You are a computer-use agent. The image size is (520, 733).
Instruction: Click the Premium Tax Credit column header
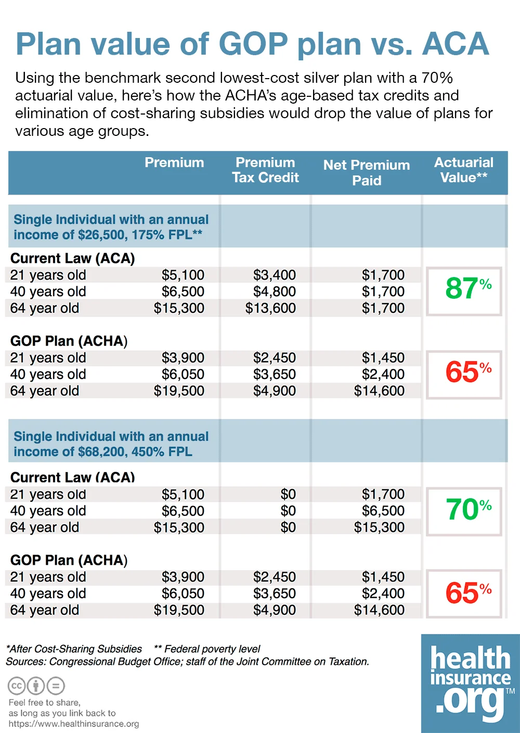coord(265,170)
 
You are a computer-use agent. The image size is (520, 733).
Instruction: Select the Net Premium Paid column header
coord(367,173)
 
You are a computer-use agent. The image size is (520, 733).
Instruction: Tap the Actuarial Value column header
coord(463,170)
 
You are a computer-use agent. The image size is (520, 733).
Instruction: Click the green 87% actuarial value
coord(467,289)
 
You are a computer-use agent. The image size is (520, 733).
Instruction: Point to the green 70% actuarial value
coord(467,510)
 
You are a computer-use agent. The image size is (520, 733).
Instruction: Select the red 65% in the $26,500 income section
coord(467,373)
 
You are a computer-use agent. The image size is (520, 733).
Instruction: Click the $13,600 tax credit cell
coord(270,308)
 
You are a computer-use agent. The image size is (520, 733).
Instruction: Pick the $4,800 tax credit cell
coord(275,292)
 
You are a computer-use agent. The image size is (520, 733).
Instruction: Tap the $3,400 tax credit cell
coord(275,275)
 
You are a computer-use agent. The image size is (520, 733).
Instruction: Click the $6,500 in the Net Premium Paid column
coord(383,511)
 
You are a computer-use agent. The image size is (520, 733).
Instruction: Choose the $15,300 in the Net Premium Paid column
coord(379,527)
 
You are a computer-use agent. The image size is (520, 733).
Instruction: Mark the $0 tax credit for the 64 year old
coord(288,527)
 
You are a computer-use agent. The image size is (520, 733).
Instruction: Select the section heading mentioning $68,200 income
coord(111,444)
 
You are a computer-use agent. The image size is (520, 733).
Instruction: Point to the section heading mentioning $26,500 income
coord(111,227)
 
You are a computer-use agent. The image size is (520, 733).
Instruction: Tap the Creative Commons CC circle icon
coord(17,686)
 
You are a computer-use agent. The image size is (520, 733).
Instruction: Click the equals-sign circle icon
coord(56,686)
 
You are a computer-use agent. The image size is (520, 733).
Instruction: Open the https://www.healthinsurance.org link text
coord(74,724)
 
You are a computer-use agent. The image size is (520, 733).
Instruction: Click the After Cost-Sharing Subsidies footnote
coord(74,649)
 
